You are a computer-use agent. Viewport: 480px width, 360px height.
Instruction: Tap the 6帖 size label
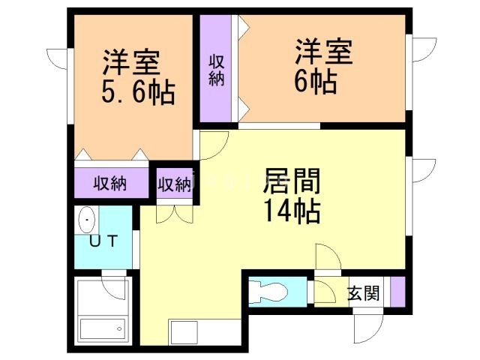(x=314, y=79)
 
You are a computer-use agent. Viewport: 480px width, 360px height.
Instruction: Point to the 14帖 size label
(x=292, y=211)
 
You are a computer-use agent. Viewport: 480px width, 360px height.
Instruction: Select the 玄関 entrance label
(x=363, y=293)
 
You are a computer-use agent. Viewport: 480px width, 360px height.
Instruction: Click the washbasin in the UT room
(x=88, y=221)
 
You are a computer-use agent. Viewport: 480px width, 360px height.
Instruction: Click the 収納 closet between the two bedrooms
(x=217, y=70)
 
